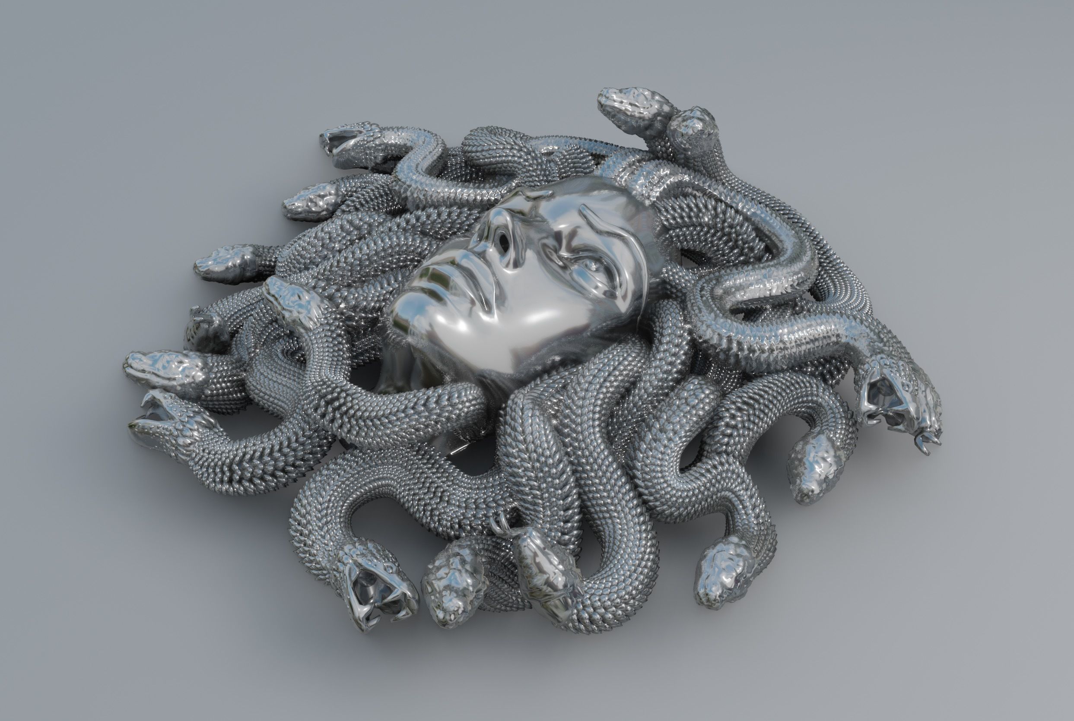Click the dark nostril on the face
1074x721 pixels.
(x=505, y=240)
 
